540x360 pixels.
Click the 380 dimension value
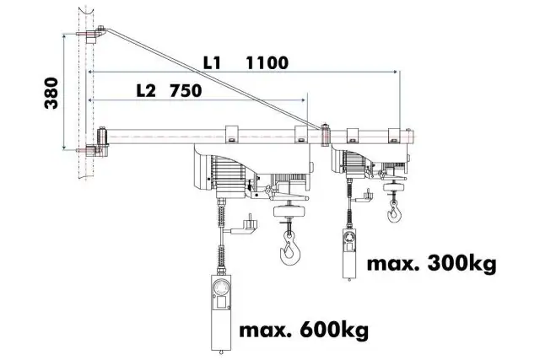click(52, 92)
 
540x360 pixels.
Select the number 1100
click(267, 62)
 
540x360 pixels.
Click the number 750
click(186, 91)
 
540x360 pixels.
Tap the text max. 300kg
click(430, 265)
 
